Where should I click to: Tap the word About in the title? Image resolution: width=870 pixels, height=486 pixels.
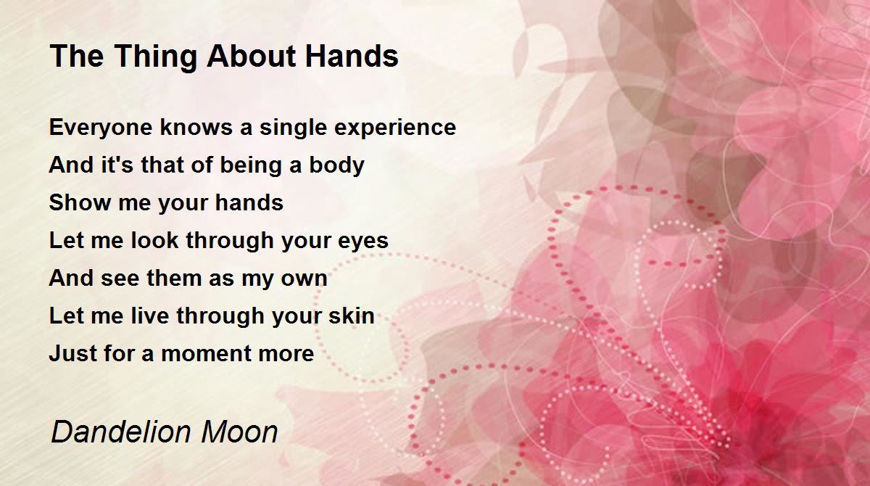252,56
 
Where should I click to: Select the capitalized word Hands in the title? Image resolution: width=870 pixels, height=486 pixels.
352,56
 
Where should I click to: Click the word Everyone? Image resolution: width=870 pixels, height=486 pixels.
101,128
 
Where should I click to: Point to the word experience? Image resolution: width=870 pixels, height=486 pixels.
395,128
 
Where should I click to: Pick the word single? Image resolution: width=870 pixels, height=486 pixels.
293,128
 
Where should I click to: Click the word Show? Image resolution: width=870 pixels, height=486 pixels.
80,202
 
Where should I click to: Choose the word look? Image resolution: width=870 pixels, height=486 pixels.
154,240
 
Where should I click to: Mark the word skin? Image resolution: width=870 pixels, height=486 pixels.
352,316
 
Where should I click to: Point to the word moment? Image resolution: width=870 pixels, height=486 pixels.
205,354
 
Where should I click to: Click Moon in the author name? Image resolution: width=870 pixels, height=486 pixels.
239,432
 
